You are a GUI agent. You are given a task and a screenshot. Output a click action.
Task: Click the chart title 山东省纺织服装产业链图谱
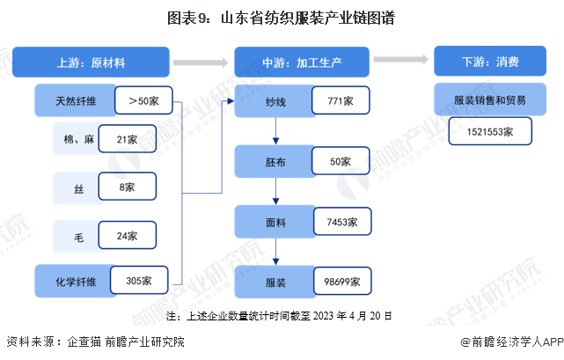pyautogui.click(x=308, y=18)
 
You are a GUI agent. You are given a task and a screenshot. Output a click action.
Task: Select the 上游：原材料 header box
pyautogui.click(x=91, y=62)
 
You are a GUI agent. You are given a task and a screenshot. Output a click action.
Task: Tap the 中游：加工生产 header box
pyautogui.click(x=302, y=62)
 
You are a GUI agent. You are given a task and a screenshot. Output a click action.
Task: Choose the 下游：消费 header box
pyautogui.click(x=490, y=61)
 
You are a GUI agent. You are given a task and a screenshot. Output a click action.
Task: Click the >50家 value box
pyautogui.click(x=143, y=100)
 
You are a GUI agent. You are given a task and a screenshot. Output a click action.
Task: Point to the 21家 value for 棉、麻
pyautogui.click(x=128, y=138)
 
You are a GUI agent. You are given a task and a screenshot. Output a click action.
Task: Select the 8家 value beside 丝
pyautogui.click(x=128, y=187)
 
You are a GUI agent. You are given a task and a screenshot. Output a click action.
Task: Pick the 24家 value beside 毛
pyautogui.click(x=128, y=235)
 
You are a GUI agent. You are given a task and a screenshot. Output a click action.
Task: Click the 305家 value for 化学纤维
pyautogui.click(x=139, y=280)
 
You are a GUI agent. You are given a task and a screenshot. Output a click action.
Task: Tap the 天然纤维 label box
pyautogui.click(x=75, y=100)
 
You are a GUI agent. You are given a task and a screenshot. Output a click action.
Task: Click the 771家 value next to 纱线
pyautogui.click(x=341, y=100)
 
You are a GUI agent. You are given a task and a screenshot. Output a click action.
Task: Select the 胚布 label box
pyautogui.click(x=275, y=162)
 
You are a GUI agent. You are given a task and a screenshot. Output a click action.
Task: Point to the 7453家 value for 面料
pyautogui.click(x=342, y=222)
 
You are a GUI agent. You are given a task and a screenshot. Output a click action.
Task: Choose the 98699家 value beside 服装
pyautogui.click(x=342, y=281)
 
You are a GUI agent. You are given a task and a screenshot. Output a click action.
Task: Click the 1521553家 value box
pyautogui.click(x=490, y=131)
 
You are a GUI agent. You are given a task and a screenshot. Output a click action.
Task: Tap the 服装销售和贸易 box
pyautogui.click(x=490, y=99)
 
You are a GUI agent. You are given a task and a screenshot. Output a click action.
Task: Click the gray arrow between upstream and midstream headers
pyautogui.click(x=201, y=62)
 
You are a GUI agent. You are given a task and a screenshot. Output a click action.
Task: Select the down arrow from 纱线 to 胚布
pyautogui.click(x=276, y=130)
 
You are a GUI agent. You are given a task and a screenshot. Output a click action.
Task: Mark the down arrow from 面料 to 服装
pyautogui.click(x=276, y=252)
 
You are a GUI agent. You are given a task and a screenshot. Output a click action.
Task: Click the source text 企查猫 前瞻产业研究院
pyautogui.click(x=126, y=342)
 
